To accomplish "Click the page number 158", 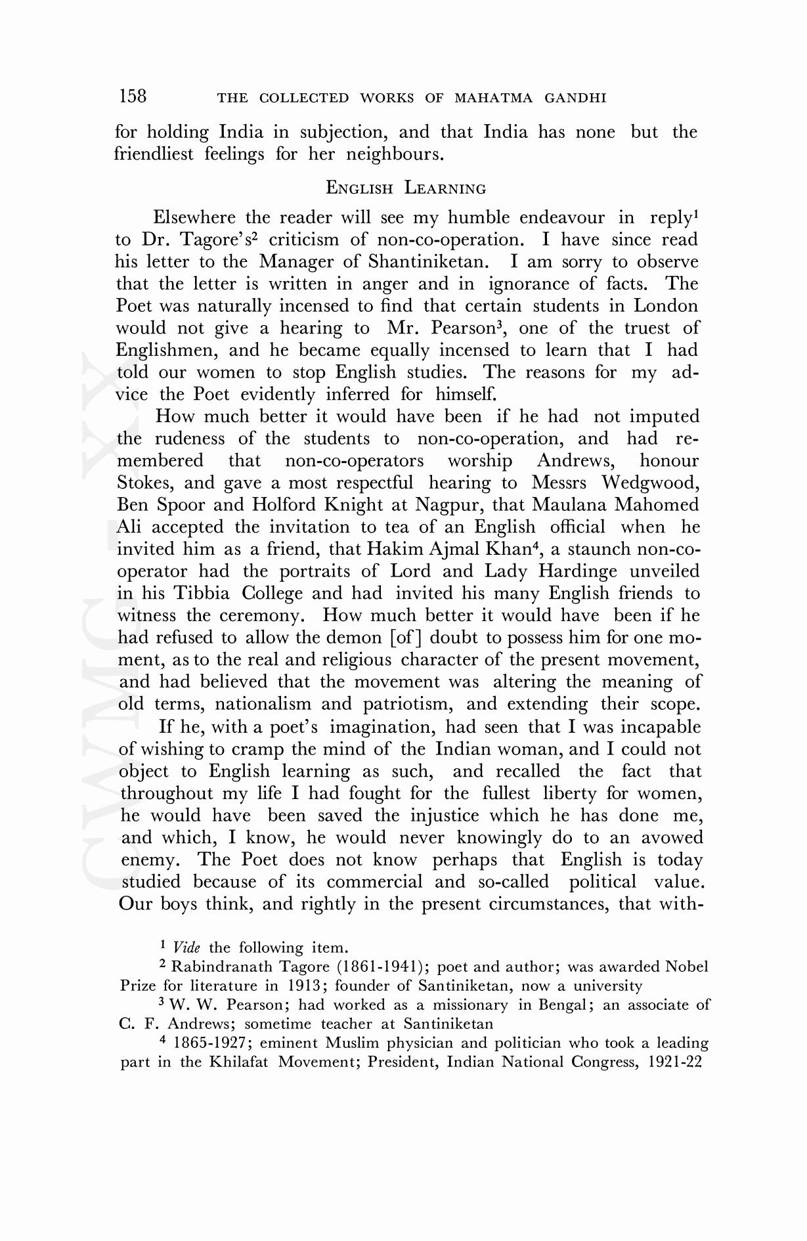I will [x=133, y=97].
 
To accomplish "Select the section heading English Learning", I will [x=406, y=188].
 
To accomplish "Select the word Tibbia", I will [x=202, y=594].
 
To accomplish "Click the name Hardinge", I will [x=582, y=571].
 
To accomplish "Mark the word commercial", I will [x=374, y=882].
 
